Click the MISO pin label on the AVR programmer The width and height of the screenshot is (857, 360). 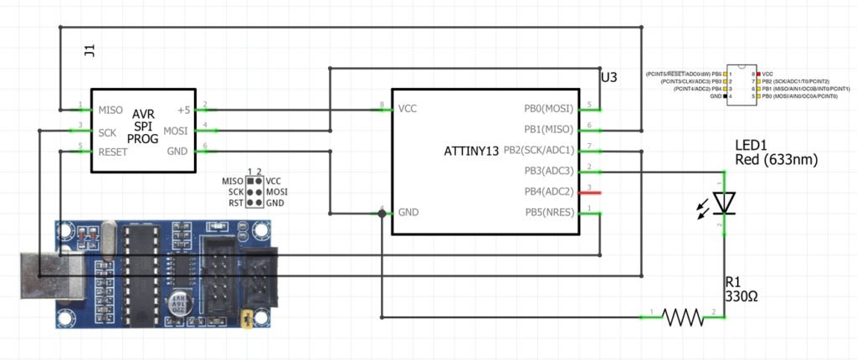click(111, 110)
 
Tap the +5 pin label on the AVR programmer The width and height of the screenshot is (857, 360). click(184, 110)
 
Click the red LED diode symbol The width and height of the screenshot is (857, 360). click(724, 203)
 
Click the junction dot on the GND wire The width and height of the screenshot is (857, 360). click(382, 213)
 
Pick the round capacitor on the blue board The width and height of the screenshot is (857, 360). click(180, 304)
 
